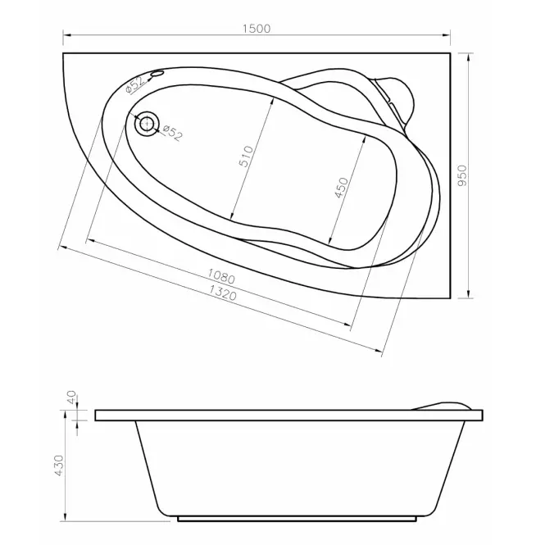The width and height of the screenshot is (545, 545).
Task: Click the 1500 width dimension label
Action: pos(257,28)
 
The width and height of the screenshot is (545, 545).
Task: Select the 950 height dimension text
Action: pos(462,175)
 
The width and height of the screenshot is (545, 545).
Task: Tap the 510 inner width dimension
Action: pos(246,157)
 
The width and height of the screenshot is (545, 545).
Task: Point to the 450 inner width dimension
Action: pos(341,188)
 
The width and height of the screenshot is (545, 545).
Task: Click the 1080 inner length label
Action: pos(221,276)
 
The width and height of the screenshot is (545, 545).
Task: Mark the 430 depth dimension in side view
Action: pos(59,466)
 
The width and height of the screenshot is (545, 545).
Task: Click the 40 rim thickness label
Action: pos(71,397)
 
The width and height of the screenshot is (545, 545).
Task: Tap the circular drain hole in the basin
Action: pos(148,124)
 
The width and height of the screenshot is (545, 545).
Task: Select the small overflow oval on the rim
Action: pos(157,73)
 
